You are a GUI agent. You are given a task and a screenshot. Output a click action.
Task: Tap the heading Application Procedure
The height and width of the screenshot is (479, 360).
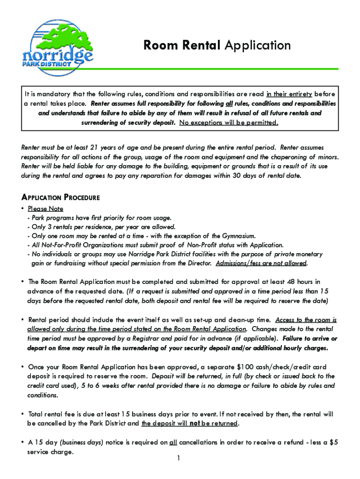point(61,197)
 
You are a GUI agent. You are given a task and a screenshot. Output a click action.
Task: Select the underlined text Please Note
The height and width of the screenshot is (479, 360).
point(45,209)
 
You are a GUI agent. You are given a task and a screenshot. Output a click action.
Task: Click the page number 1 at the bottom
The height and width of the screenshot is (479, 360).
point(179,458)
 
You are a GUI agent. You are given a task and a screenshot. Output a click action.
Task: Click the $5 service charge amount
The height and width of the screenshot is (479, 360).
point(333,443)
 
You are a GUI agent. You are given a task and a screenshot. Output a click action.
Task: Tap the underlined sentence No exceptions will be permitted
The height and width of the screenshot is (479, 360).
point(229,123)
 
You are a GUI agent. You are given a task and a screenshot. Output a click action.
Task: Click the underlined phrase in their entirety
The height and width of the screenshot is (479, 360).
point(289,94)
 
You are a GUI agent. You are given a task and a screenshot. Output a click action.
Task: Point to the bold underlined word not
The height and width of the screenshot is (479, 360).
point(195,424)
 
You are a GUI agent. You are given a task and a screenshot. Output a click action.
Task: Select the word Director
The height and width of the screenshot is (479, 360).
point(200,263)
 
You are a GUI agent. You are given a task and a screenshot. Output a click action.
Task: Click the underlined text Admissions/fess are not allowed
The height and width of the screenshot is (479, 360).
point(261,263)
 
